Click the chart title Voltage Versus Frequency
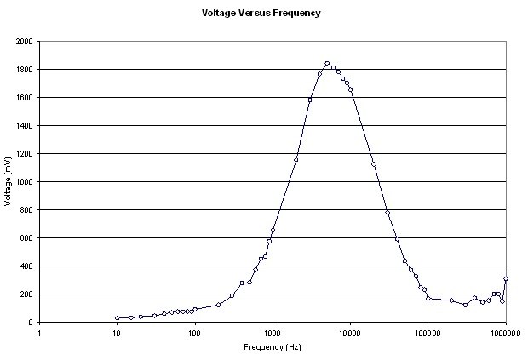pos(261,14)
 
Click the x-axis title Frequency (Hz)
pos(273,347)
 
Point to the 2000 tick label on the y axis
pos(24,41)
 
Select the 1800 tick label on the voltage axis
pos(24,69)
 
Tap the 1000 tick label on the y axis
pos(24,181)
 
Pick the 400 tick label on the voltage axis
pos(26,266)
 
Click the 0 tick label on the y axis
pos(31,322)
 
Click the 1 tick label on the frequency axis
pos(39,333)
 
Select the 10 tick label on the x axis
pos(117,333)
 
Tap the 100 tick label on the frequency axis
pos(195,333)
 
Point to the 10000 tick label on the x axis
pos(350,333)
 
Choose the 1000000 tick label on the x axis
pos(506,333)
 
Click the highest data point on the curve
pos(327,63)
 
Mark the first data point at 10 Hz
pos(117,318)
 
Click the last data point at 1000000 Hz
pos(506,278)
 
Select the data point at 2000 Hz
pos(296,159)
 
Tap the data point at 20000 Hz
pos(374,163)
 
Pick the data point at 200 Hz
pos(219,305)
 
